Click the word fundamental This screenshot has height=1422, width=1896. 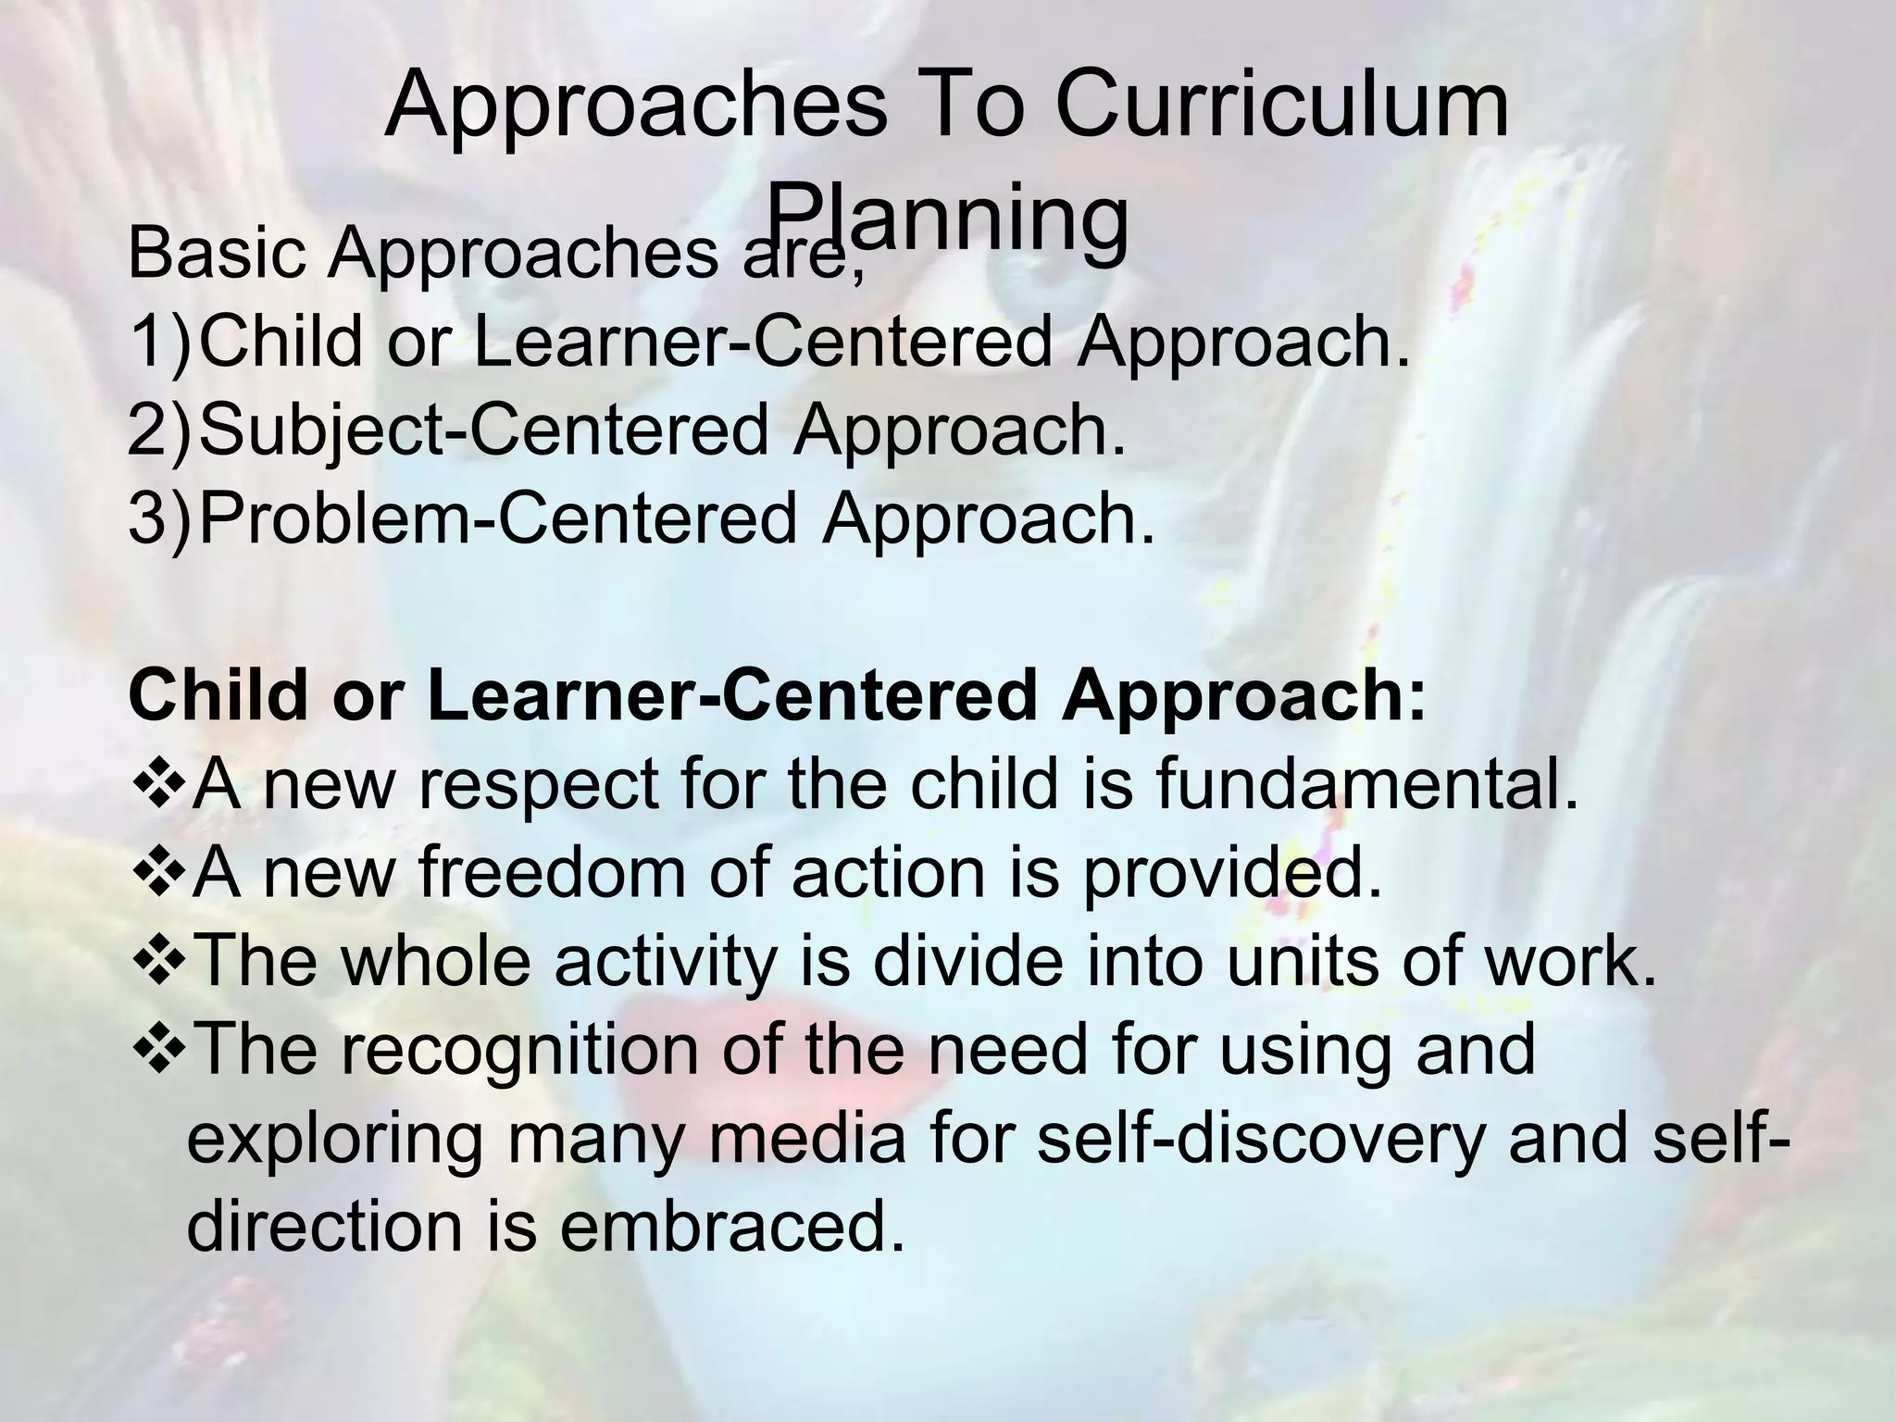(x=1366, y=785)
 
